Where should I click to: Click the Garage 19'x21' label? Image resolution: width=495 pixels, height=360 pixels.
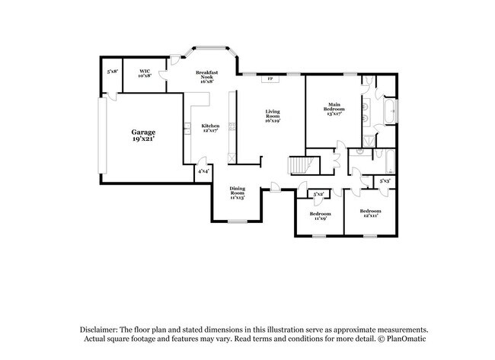pyautogui.click(x=142, y=135)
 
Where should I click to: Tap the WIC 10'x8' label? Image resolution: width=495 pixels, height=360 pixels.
pyautogui.click(x=145, y=74)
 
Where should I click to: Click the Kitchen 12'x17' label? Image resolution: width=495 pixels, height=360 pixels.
pyautogui.click(x=210, y=128)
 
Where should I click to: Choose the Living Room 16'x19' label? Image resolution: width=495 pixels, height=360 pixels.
pyautogui.click(x=273, y=116)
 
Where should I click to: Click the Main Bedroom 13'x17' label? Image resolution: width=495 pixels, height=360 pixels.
pyautogui.click(x=334, y=107)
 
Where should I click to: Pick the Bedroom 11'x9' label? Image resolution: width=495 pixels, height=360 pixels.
pyautogui.click(x=318, y=215)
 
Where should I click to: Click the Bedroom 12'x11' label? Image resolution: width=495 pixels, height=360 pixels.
pyautogui.click(x=370, y=212)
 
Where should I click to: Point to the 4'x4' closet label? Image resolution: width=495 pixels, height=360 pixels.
pyautogui.click(x=203, y=172)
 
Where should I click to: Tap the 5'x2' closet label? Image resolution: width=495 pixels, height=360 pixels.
pyautogui.click(x=318, y=194)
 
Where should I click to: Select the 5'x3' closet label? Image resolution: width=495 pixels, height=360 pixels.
pyautogui.click(x=385, y=180)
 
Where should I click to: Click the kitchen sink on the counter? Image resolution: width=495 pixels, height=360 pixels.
pyautogui.click(x=187, y=127)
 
